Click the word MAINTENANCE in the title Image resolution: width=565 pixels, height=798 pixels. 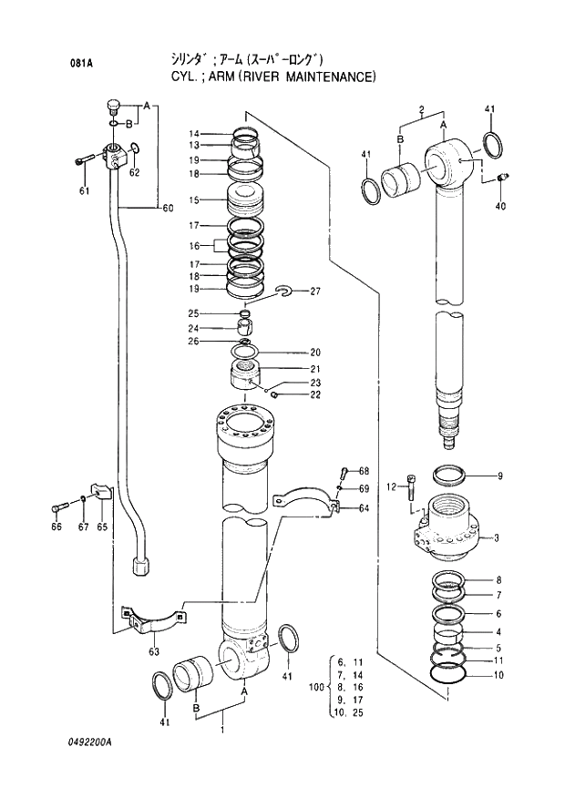(x=329, y=77)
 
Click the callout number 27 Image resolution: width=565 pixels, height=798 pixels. (x=315, y=292)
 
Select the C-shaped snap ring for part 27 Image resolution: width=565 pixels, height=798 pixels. (x=283, y=291)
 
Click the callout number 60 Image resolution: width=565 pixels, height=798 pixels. (x=168, y=209)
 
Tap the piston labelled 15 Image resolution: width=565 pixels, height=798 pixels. (x=244, y=201)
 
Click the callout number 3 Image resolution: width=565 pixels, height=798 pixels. (x=498, y=538)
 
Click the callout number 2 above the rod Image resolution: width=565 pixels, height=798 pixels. (x=422, y=109)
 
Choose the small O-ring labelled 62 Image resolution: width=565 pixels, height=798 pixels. (x=132, y=149)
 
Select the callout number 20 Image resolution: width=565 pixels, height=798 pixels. (x=315, y=353)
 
